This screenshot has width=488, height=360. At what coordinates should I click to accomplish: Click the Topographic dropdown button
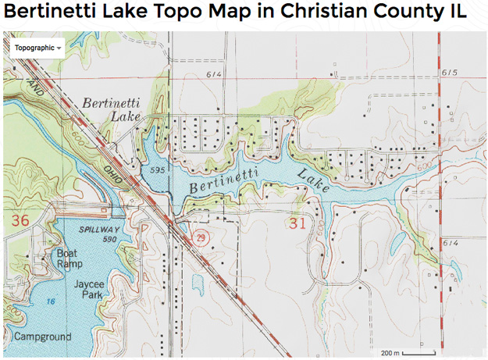click(37, 47)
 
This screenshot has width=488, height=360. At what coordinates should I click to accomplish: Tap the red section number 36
click(20, 221)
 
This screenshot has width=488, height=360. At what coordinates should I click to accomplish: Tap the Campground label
click(41, 337)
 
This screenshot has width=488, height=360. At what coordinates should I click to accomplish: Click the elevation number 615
click(448, 72)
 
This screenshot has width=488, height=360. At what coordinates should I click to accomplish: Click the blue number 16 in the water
click(48, 300)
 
